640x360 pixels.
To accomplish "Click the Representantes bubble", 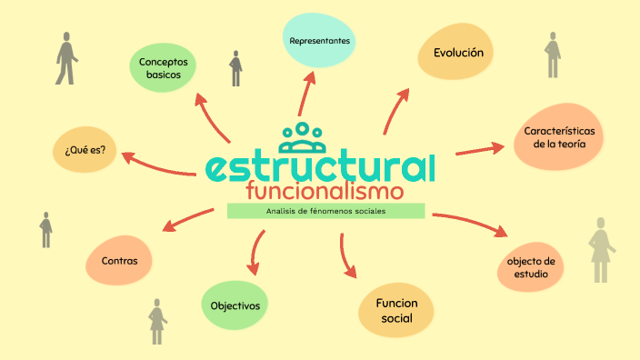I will coord(319,42).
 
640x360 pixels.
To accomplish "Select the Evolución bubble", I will coord(457,53).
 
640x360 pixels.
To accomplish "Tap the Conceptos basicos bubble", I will coord(163,68).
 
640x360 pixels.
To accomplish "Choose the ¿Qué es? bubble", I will coord(85,150).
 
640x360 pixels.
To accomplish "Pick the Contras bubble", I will coord(119,261).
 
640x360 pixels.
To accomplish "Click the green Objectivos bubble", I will coord(235,306).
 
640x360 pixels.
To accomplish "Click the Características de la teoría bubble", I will coord(558,137).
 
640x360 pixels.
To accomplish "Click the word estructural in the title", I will coord(320,167).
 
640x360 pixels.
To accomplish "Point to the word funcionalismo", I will coord(325,192).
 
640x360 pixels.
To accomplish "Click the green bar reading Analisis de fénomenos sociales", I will coord(325,211).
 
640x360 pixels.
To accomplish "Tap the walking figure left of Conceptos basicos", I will coord(66,59).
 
